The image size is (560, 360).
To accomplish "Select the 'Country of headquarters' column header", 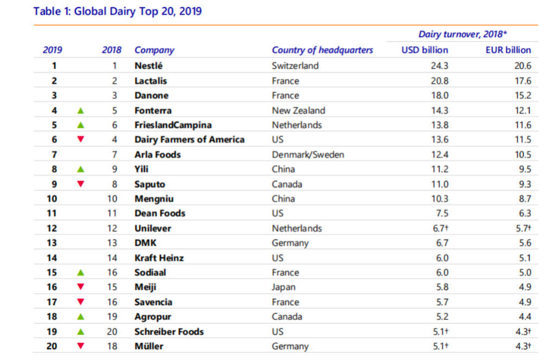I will pyautogui.click(x=322, y=50).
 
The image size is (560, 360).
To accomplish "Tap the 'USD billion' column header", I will pyautogui.click(x=424, y=50).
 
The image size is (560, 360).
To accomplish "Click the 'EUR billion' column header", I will pyautogui.click(x=508, y=50).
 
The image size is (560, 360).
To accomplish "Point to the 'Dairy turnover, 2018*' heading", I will pyautogui.click(x=462, y=34).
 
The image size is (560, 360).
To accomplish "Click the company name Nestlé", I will pyautogui.click(x=149, y=66).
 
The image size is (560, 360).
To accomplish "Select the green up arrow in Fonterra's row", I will pyautogui.click(x=81, y=110).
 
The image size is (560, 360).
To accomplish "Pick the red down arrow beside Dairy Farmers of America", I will pyautogui.click(x=81, y=139).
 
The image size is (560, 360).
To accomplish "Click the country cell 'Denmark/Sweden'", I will pyautogui.click(x=308, y=155).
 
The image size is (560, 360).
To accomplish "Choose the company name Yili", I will pyautogui.click(x=142, y=169).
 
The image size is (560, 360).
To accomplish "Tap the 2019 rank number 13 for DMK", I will pyautogui.click(x=53, y=243).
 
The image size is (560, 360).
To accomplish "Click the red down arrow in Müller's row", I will pyautogui.click(x=81, y=346).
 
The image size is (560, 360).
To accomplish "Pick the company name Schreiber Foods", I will pyautogui.click(x=169, y=331).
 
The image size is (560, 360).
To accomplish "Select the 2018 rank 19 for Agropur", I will pyautogui.click(x=113, y=317).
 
